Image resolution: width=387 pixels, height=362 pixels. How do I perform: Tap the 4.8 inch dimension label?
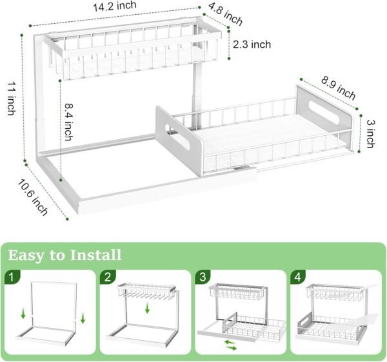click(225, 15)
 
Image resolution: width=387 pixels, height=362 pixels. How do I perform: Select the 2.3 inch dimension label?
click(252, 44)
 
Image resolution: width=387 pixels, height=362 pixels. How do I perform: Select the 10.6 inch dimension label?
click(32, 197)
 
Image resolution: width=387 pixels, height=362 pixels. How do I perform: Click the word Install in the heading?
click(90, 255)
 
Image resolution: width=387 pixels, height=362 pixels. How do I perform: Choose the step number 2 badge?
click(107, 278)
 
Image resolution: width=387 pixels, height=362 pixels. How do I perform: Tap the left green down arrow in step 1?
click(23, 314)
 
